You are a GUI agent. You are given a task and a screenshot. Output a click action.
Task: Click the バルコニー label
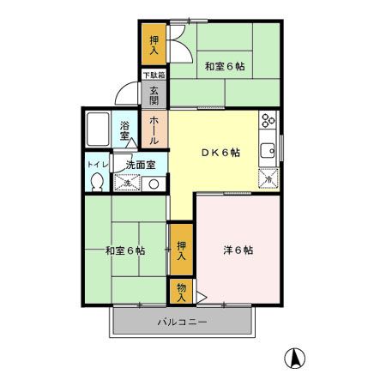(182, 323)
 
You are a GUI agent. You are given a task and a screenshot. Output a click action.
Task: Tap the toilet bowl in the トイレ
(98, 181)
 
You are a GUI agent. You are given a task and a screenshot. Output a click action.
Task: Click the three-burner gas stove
(268, 120)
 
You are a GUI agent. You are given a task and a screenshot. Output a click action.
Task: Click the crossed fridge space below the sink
(268, 178)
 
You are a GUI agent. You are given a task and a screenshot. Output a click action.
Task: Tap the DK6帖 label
(220, 153)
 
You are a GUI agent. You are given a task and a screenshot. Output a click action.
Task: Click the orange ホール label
(154, 130)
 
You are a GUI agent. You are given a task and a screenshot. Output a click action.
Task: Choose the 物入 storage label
(181, 292)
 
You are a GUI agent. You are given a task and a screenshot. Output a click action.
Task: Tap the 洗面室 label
(139, 164)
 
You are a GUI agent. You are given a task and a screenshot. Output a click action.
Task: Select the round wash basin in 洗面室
(154, 184)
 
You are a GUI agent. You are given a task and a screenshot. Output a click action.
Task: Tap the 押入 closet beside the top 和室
(154, 45)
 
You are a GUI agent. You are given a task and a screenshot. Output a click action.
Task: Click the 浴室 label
(125, 130)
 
